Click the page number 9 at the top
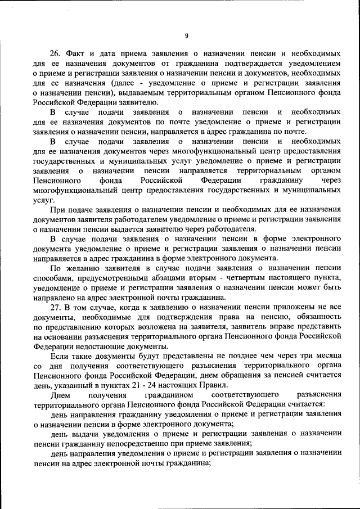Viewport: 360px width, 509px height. click(x=186, y=37)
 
